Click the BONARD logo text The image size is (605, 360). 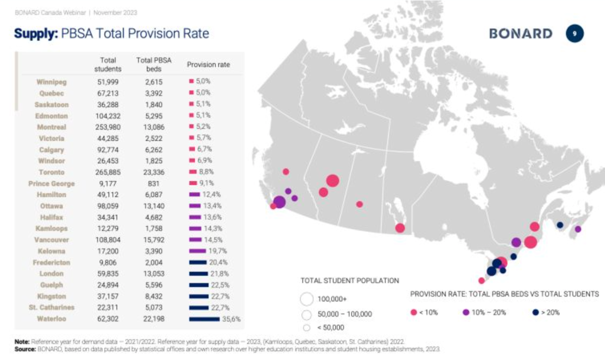521,34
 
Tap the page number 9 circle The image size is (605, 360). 575,34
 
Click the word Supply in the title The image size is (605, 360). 36,34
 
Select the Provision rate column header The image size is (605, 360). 208,65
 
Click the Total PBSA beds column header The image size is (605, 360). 154,65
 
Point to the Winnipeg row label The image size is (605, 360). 52,82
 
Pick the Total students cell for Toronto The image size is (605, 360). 108,172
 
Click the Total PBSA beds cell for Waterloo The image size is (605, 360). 154,319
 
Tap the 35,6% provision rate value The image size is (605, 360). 231,319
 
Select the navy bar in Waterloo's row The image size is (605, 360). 205,319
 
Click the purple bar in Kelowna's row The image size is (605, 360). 198,251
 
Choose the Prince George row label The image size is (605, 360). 52,184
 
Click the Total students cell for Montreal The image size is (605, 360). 108,127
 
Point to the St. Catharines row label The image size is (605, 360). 52,308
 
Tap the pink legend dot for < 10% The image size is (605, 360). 414,312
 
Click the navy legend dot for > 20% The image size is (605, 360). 536,312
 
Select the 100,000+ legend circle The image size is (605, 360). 307,299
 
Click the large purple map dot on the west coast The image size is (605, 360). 279,202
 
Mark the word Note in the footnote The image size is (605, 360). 22,342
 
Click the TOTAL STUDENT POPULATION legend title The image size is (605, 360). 350,281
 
